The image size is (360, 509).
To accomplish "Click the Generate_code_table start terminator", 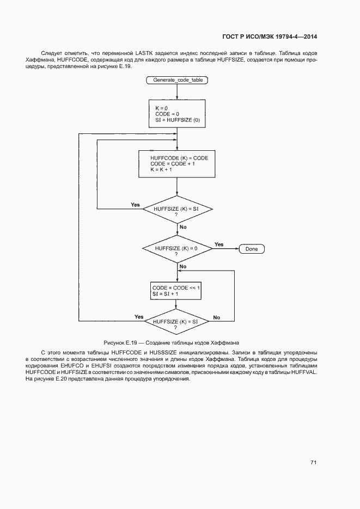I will (178, 80).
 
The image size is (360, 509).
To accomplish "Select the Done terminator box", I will (252, 249).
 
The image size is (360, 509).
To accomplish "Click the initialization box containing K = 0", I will (178, 114).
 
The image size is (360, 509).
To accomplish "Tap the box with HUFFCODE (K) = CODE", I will (178, 163).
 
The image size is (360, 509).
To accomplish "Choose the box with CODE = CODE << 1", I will (176, 290).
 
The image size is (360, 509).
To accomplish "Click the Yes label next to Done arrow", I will (218, 244).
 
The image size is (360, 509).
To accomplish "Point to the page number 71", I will (313, 462).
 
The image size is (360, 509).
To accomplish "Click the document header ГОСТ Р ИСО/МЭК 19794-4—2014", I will (270, 36).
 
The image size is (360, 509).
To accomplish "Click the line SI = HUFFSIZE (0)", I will (178, 120).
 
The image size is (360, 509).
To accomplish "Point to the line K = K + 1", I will (162, 170).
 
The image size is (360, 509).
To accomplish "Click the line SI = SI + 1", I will (166, 294).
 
